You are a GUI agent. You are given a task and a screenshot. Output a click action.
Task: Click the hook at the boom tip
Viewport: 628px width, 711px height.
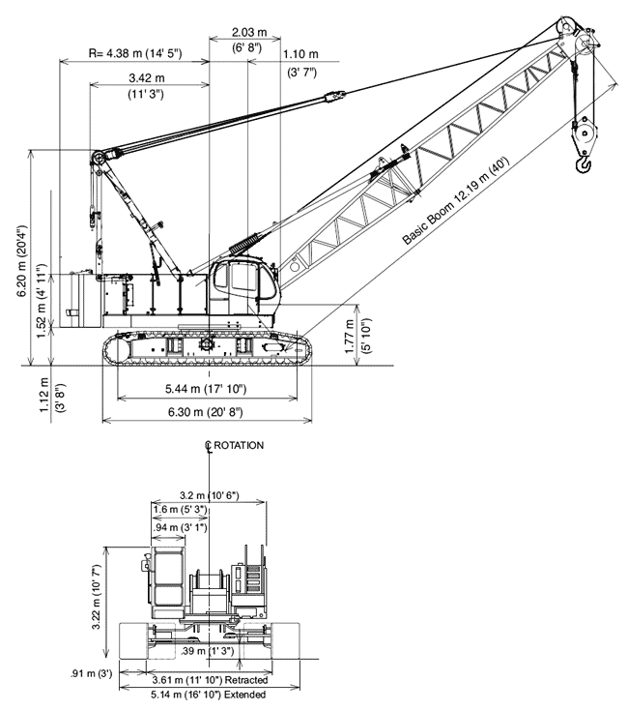(584, 164)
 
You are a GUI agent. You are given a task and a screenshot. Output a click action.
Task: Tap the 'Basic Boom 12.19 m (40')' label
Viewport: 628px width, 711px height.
(456, 201)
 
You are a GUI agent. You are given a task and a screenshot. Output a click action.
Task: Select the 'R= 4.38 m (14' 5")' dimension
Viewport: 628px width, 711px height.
(135, 53)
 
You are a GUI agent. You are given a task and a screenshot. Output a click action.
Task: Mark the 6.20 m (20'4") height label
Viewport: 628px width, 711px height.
(21, 261)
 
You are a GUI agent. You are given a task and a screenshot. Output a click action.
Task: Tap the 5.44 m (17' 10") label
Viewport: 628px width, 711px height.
(206, 389)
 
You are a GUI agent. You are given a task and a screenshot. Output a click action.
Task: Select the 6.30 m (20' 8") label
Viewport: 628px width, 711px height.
(206, 412)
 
